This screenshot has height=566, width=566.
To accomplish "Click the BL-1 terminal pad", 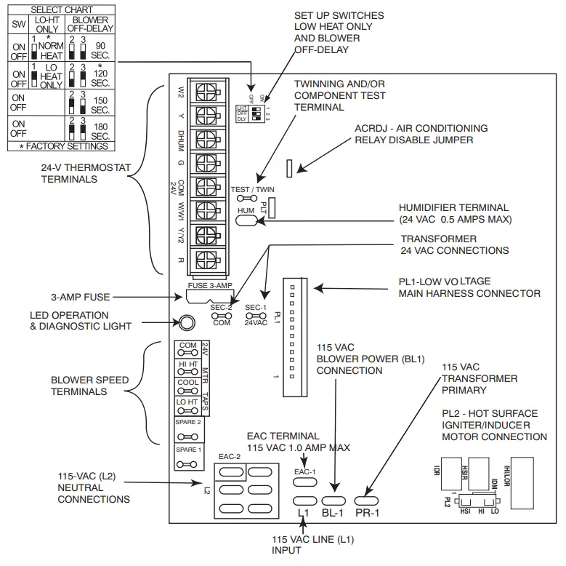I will pyautogui.click(x=333, y=501).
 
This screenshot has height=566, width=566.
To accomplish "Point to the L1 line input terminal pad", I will pyautogui.click(x=304, y=501).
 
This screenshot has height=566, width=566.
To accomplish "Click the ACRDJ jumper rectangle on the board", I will pyautogui.click(x=289, y=169).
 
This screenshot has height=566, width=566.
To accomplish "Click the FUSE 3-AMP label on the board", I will pyautogui.click(x=210, y=286).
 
